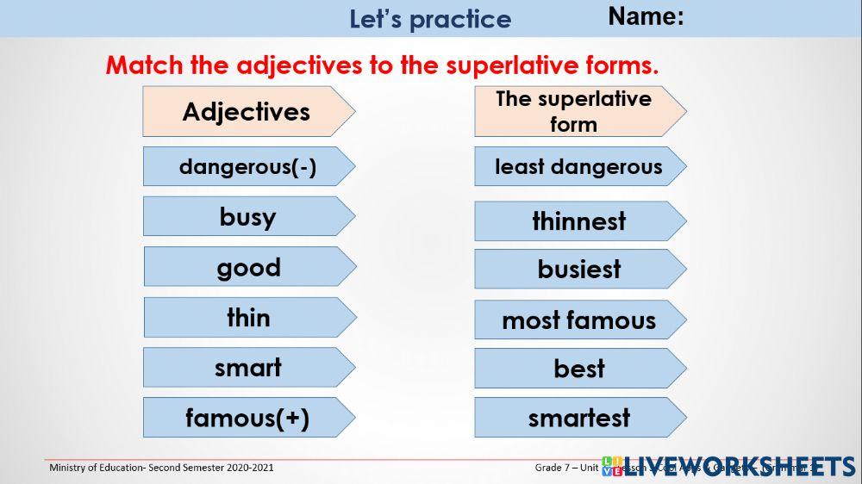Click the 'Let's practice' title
click(x=430, y=19)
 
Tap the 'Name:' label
click(x=646, y=16)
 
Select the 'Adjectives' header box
click(x=247, y=111)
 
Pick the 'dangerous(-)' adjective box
click(x=247, y=166)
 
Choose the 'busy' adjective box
click(x=247, y=216)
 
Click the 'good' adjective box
click(x=248, y=267)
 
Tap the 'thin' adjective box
click(x=248, y=317)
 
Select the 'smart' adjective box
click(x=247, y=368)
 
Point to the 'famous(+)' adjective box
click(x=247, y=418)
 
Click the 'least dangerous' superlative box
click(x=578, y=166)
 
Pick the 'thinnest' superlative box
click(x=578, y=221)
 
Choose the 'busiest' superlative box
click(x=578, y=269)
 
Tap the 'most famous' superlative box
click(x=578, y=320)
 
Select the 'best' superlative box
click(x=578, y=369)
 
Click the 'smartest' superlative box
click(x=578, y=418)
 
